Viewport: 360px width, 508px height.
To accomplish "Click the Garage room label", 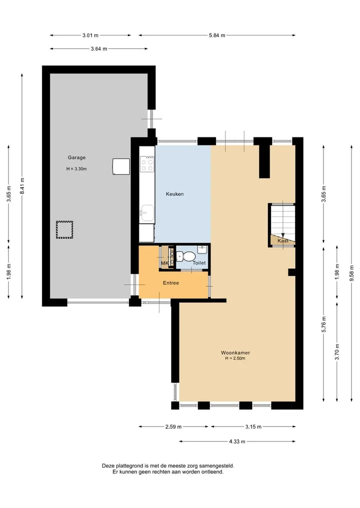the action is pyautogui.click(x=76, y=157).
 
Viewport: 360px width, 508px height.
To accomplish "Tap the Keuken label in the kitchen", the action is pyautogui.click(x=175, y=194).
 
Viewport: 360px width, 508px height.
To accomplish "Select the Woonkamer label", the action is pyautogui.click(x=235, y=353).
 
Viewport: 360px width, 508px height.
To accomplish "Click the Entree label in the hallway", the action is pyautogui.click(x=171, y=283).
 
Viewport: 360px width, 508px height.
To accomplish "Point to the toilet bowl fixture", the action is pyautogui.click(x=186, y=257).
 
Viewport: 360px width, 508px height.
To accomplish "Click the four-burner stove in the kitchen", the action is pyautogui.click(x=147, y=164).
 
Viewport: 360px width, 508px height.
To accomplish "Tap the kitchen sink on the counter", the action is pyautogui.click(x=147, y=213).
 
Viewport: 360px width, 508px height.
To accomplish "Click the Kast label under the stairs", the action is pyautogui.click(x=283, y=241).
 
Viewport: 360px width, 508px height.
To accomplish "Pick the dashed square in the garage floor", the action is pyautogui.click(x=64, y=230).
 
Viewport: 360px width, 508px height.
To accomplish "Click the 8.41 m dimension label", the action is pyautogui.click(x=22, y=186).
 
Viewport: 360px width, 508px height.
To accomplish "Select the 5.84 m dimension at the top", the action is pyautogui.click(x=217, y=35).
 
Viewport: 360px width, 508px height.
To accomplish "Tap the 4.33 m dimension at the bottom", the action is pyautogui.click(x=237, y=441).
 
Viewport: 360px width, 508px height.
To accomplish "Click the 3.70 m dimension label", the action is pyautogui.click(x=337, y=352).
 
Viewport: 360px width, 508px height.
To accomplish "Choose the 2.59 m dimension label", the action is pyautogui.click(x=173, y=427).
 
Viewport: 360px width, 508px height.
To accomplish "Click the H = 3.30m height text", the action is pyautogui.click(x=76, y=169).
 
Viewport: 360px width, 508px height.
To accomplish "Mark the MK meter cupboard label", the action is pyautogui.click(x=165, y=263).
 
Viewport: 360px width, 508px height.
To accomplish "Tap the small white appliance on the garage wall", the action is pyautogui.click(x=121, y=166).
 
